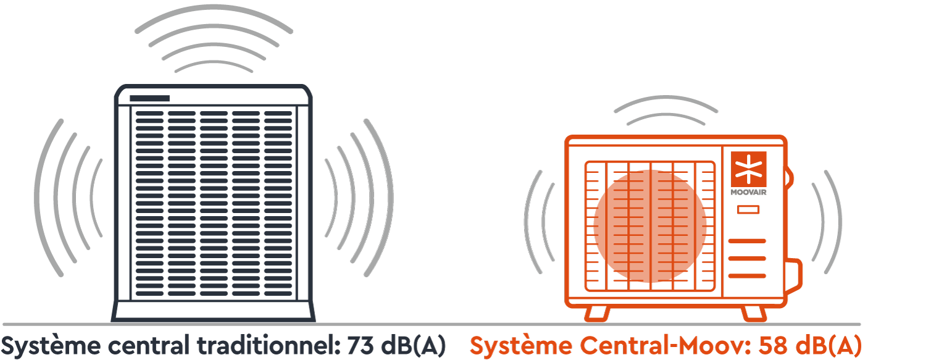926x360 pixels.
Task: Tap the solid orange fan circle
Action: click(650, 226)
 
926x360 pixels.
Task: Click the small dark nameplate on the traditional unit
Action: click(149, 99)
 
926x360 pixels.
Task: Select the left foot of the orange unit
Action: click(597, 313)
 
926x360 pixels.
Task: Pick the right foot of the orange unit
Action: click(753, 313)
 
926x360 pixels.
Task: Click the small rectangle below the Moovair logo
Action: click(748, 210)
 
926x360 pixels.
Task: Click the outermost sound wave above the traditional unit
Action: click(213, 14)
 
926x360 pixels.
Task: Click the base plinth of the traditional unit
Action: click(214, 311)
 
